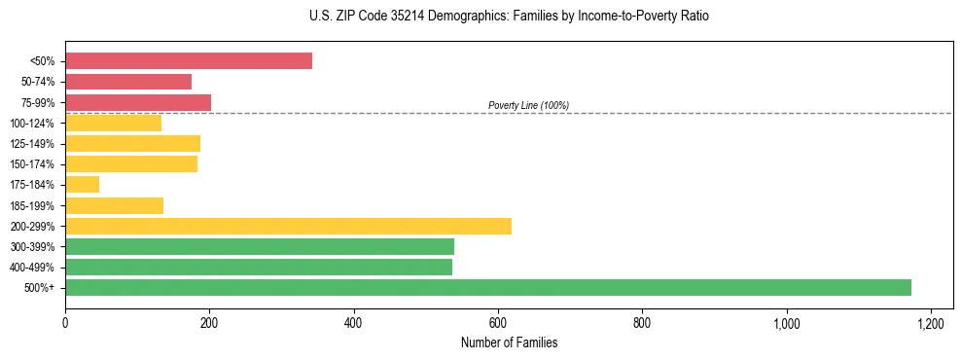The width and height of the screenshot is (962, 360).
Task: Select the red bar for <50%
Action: pos(189,61)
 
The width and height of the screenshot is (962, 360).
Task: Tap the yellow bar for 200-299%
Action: pos(288,226)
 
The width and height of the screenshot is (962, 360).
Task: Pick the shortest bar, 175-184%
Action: pos(82,185)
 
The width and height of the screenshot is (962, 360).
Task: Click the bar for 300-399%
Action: pos(260,246)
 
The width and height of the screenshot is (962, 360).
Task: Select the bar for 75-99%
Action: pos(138,102)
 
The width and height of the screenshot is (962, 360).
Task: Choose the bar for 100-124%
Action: pos(113,124)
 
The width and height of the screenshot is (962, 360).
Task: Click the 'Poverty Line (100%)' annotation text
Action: pos(528,105)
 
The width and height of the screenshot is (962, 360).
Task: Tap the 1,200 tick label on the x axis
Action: pos(931,323)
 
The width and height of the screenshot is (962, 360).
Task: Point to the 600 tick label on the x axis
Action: pos(498,323)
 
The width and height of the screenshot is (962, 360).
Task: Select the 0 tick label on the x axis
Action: pos(65,323)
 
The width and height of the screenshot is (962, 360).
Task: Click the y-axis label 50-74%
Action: pos(38,82)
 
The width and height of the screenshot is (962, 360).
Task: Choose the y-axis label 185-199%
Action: pos(35,205)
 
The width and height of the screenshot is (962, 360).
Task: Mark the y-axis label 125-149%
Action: pos(35,144)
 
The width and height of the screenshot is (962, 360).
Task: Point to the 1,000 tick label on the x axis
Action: pos(786,323)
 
